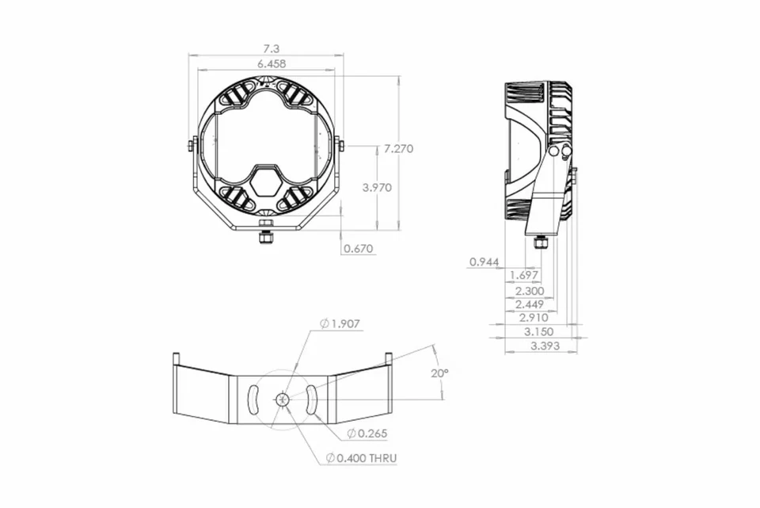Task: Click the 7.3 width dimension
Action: click(x=266, y=48)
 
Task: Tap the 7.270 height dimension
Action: click(x=398, y=148)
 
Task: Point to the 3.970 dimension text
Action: click(x=377, y=188)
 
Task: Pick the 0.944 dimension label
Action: click(x=483, y=262)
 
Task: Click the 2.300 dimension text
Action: click(x=529, y=290)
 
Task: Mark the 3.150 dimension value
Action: click(x=541, y=331)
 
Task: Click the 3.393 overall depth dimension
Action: click(x=541, y=346)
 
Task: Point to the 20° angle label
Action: click(x=440, y=372)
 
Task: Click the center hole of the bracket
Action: click(x=283, y=399)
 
